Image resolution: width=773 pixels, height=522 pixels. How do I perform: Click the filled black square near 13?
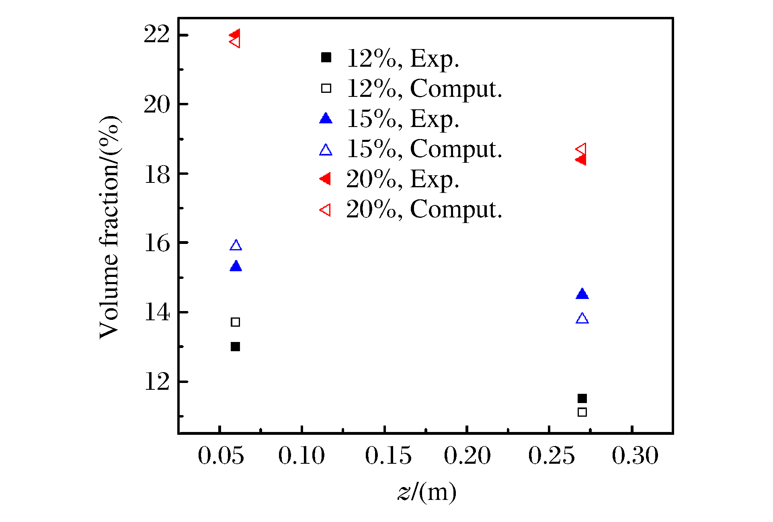(x=235, y=346)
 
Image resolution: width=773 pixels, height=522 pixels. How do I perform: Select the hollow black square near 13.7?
(x=235, y=322)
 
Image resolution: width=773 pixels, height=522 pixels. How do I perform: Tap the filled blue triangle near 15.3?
(x=236, y=266)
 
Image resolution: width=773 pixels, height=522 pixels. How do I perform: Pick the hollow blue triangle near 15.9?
(x=236, y=246)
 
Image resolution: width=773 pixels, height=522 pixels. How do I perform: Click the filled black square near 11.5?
(x=582, y=398)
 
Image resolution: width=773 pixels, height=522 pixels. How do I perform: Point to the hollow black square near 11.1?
(x=582, y=412)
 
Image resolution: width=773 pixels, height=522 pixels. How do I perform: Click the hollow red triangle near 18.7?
(x=581, y=149)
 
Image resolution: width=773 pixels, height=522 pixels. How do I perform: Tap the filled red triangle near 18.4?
(x=581, y=160)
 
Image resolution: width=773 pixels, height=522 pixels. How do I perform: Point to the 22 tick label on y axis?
(x=157, y=35)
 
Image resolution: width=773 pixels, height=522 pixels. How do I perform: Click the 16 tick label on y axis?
(x=157, y=243)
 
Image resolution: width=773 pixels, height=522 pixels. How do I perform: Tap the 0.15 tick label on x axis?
(x=388, y=456)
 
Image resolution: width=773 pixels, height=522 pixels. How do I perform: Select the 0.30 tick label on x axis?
(x=635, y=456)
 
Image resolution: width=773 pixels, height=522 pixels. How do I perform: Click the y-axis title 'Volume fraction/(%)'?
(x=109, y=227)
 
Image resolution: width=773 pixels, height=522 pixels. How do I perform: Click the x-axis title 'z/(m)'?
(x=427, y=492)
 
